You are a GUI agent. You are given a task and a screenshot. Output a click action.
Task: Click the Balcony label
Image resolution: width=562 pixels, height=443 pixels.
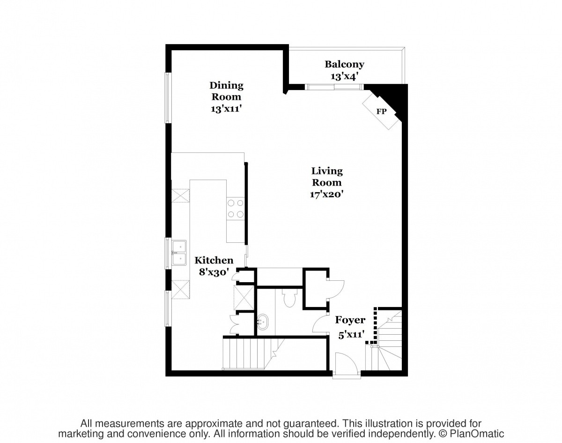(x=344, y=64)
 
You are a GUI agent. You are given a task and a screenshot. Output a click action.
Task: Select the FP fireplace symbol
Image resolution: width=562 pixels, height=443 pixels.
(x=382, y=111)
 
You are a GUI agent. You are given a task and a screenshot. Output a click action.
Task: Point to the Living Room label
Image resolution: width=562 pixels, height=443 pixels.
(x=327, y=177)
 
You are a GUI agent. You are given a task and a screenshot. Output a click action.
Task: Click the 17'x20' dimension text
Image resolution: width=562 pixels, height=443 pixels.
(x=326, y=194)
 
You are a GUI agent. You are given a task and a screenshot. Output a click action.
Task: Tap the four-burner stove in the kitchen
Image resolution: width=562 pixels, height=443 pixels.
(x=236, y=209)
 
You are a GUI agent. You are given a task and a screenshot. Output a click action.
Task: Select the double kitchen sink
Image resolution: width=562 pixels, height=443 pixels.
(x=179, y=253)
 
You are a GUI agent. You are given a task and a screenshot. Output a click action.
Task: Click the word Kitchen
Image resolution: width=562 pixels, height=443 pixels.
(x=214, y=261)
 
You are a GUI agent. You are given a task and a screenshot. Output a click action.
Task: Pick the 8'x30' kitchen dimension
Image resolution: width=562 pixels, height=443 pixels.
(x=214, y=272)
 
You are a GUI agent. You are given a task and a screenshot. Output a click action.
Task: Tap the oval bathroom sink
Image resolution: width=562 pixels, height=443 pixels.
(x=263, y=322)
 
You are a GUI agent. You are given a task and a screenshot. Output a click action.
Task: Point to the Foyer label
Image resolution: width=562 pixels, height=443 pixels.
(x=350, y=320)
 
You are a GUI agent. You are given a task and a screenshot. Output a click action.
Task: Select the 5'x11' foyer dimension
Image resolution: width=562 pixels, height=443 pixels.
(x=351, y=335)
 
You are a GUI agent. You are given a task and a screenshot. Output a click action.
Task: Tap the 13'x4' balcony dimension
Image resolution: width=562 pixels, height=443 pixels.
(x=344, y=76)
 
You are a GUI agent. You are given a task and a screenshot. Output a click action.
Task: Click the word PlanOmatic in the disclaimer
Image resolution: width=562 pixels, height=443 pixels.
(x=477, y=434)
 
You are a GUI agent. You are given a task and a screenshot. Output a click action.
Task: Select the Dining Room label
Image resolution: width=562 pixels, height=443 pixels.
(x=226, y=91)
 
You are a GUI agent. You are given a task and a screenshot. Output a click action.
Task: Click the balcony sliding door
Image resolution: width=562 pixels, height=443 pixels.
(x=334, y=87)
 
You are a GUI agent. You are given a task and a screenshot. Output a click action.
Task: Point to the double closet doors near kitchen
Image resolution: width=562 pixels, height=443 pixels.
(x=233, y=324)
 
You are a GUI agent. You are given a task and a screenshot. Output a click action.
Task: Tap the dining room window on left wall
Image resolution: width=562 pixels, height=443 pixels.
(x=168, y=98)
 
